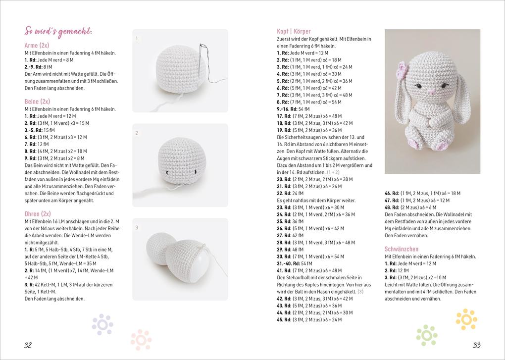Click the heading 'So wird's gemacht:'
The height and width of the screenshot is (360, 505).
click(x=58, y=32)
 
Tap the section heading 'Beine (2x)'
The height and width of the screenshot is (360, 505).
click(x=38, y=102)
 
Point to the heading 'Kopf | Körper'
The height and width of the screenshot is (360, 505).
click(x=294, y=32)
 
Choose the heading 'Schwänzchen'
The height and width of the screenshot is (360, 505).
click(x=402, y=249)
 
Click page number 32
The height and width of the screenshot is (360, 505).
click(x=28, y=345)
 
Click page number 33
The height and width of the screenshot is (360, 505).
click(x=476, y=345)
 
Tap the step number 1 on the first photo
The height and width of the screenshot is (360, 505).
click(x=137, y=39)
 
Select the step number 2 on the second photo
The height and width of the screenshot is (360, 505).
click(x=137, y=133)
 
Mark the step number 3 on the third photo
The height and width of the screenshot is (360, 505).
click(x=137, y=228)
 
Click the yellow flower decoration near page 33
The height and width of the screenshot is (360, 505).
click(x=466, y=319)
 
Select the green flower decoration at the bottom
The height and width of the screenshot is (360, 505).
click(x=427, y=336)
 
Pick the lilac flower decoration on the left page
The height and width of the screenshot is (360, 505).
click(x=102, y=324)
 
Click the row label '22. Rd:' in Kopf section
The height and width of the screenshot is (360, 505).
click(x=284, y=193)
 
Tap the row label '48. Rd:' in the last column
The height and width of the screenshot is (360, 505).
click(x=392, y=207)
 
